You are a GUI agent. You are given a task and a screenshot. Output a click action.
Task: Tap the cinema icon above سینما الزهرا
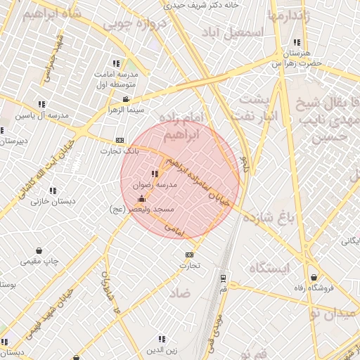pos(125,99)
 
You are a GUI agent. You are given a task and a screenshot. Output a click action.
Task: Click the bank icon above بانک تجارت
pos(119,139)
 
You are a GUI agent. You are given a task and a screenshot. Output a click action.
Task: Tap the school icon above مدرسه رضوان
pos(154,174)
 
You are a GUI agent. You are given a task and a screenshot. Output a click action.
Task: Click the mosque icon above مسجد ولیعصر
pos(143,198)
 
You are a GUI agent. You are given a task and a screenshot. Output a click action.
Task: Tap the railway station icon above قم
pos(223,278)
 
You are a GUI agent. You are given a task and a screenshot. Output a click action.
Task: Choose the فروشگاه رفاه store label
pos(312,287)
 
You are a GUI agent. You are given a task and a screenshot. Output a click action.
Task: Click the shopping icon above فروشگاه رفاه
pos(312,276)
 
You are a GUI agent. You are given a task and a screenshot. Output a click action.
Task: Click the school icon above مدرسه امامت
pos(116,63)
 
